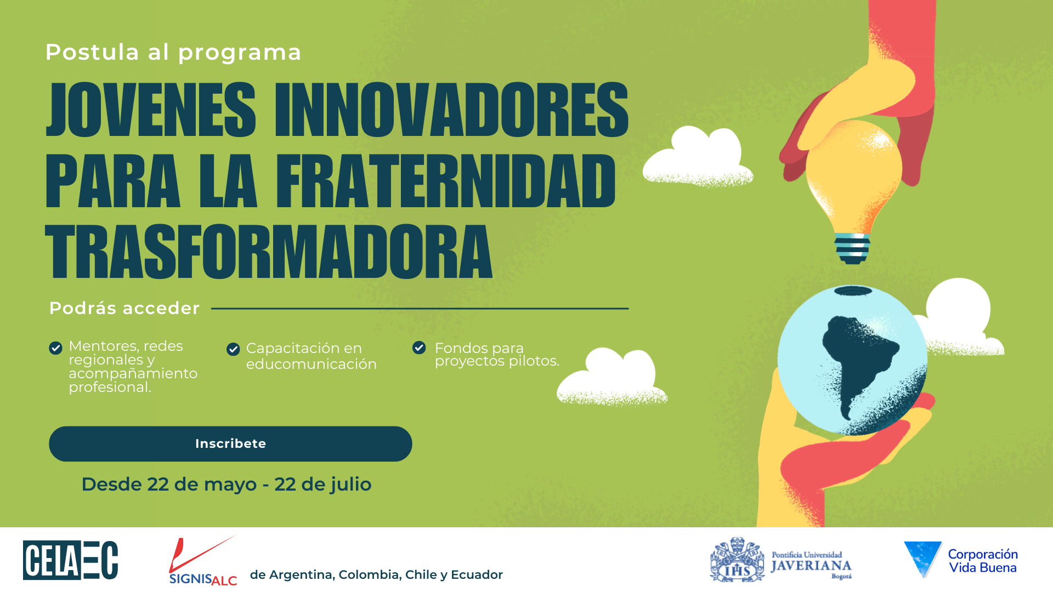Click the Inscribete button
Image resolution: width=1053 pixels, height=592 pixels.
click(x=230, y=443)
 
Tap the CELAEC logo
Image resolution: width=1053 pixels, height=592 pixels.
click(x=71, y=560)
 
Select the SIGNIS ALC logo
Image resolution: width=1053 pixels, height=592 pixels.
click(x=203, y=561)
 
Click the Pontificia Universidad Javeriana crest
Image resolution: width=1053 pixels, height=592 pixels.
click(x=737, y=560)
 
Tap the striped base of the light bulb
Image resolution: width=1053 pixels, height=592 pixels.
click(x=852, y=249)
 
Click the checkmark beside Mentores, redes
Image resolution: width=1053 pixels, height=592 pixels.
click(x=55, y=348)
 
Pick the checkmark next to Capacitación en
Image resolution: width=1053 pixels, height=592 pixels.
click(x=233, y=349)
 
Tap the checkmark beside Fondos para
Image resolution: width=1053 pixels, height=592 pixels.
click(x=419, y=348)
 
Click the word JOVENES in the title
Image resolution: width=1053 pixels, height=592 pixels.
click(x=151, y=109)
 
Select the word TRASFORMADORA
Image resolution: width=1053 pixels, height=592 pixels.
click(x=269, y=252)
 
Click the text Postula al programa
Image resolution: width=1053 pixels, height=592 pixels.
click(x=173, y=53)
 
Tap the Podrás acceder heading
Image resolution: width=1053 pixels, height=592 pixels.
click(x=124, y=308)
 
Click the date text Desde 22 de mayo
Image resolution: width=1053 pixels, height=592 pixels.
click(x=169, y=485)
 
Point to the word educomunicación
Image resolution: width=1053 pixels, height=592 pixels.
click(x=312, y=364)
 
